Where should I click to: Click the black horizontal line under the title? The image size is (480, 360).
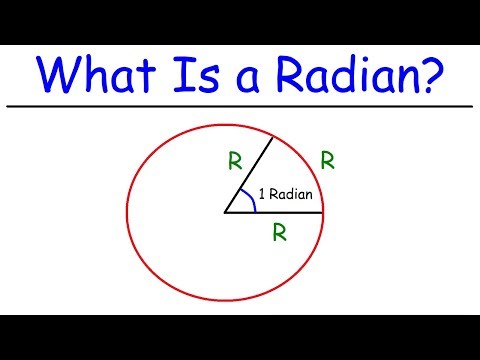(240, 105)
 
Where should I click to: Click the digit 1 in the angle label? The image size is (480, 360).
(261, 196)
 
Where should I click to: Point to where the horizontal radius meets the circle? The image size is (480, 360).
(323, 213)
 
